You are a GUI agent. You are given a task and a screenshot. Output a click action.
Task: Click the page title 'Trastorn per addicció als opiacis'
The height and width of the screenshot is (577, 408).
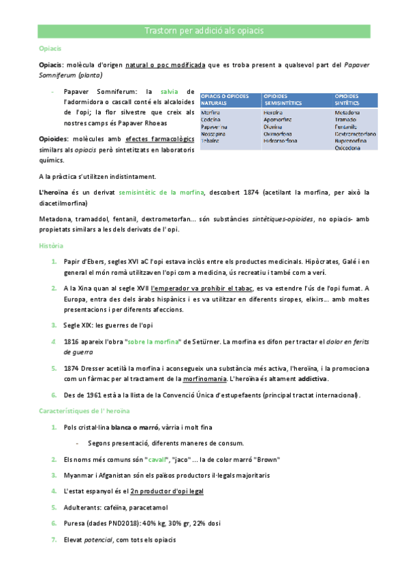[204, 32]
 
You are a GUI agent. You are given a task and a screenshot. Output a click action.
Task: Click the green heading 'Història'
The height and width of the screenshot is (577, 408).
[51, 245]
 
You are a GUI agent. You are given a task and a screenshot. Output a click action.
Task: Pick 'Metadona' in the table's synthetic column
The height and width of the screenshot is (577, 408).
[348, 112]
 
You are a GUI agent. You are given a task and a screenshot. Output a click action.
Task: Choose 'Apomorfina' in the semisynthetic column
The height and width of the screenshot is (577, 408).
[279, 119]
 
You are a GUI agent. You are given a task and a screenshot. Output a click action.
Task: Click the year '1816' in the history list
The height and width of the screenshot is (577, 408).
[72, 341]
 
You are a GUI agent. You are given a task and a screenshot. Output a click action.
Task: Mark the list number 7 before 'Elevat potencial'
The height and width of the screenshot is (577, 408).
[54, 540]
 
